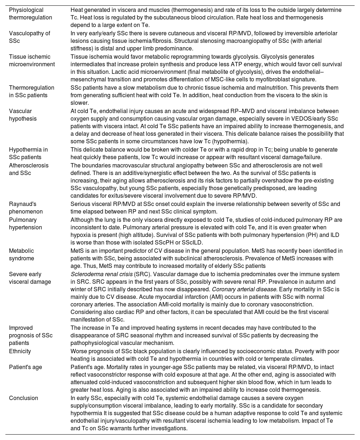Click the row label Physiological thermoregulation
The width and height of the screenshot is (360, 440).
[31, 14]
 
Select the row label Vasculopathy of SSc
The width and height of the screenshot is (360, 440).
[30, 37]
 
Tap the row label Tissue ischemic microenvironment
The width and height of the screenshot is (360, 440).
[32, 60]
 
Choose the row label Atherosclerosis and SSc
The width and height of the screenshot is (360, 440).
[29, 169]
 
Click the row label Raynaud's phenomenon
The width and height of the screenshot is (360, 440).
[26, 208]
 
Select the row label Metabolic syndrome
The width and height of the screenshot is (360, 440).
[22, 254]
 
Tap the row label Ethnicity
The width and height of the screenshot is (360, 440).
[20, 351]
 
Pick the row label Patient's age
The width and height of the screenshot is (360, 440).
[26, 367]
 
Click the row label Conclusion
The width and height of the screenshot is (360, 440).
[23, 398]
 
